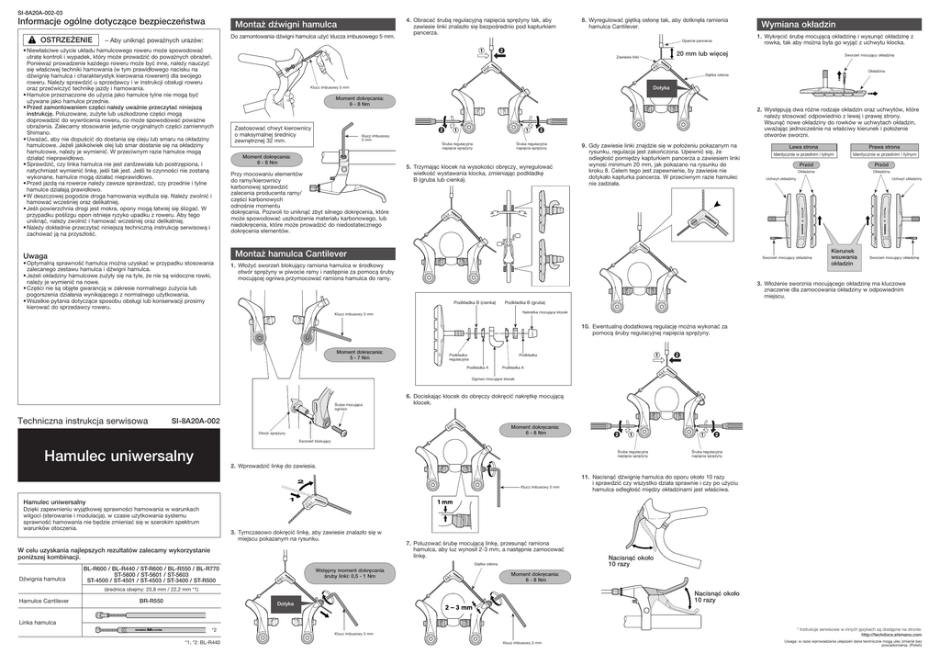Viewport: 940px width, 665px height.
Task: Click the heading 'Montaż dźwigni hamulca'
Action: coord(286,24)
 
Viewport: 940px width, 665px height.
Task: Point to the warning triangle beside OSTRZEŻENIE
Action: coord(31,41)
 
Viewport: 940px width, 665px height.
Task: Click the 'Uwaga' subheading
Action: coord(35,255)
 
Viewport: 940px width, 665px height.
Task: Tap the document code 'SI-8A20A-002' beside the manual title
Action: coord(196,421)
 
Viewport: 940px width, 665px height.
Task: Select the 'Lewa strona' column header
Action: coord(803,147)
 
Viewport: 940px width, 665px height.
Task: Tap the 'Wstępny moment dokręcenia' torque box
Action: coord(348,573)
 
